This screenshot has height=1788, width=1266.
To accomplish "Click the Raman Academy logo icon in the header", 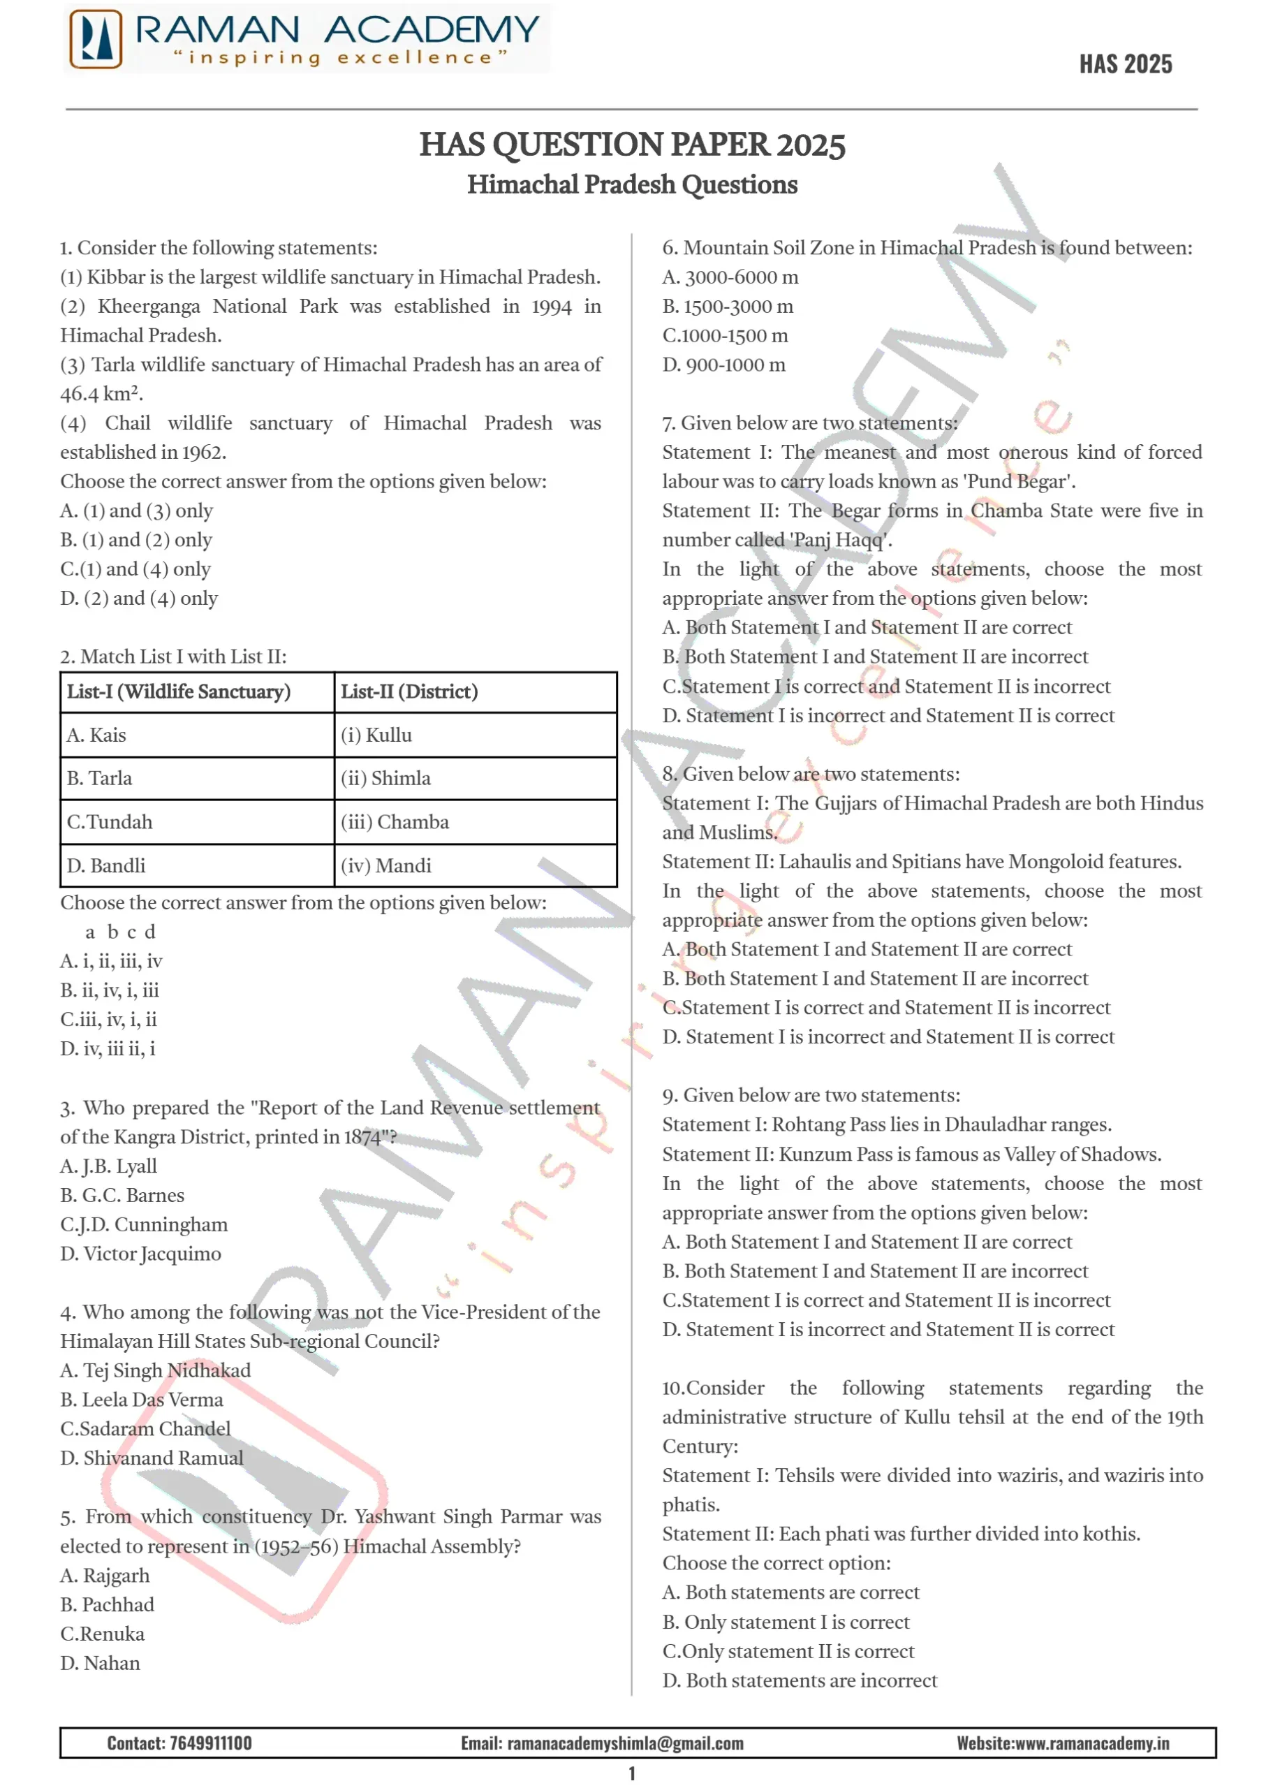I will [96, 39].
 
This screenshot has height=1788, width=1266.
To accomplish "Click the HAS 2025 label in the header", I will [1125, 64].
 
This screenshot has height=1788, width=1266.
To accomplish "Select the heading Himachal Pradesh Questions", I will [632, 185].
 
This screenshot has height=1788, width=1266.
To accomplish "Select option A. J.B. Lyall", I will [108, 1166].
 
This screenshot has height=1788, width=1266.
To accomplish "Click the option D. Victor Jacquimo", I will [140, 1253].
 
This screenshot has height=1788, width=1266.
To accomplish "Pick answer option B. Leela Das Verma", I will [141, 1399].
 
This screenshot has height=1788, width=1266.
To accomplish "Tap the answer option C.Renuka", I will [102, 1634].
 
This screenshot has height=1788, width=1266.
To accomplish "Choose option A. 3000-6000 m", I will [730, 277].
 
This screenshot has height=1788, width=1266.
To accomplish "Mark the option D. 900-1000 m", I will [723, 364].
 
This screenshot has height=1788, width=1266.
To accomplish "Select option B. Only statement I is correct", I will [785, 1622].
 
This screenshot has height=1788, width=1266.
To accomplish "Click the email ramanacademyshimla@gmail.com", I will [624, 1743].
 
